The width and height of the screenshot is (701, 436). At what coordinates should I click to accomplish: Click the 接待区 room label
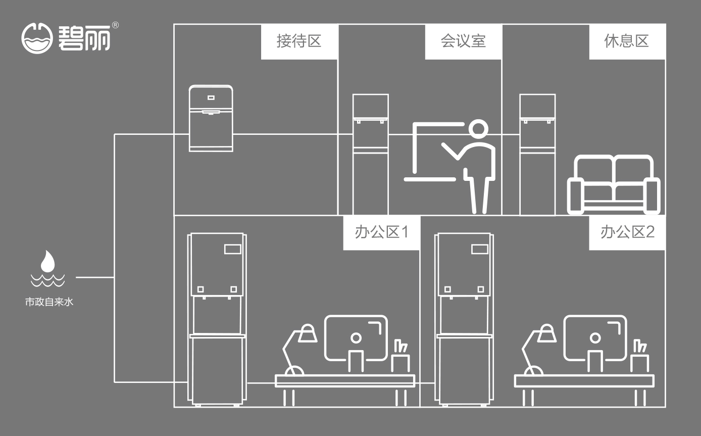coord(299,41)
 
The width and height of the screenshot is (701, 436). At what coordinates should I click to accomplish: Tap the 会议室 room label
coord(463,41)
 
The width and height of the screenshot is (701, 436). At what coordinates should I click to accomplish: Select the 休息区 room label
coord(627,41)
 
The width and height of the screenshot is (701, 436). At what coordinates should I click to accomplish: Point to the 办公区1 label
coord(381,232)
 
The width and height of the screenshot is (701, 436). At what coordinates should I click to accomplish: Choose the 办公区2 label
coord(627,232)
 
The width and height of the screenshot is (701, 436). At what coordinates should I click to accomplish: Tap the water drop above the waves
coord(47,261)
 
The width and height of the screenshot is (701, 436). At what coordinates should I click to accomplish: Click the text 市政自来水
coord(49,303)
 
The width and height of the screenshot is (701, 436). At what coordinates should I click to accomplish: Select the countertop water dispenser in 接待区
coord(211,118)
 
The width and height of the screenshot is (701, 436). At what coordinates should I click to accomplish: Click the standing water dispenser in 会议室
coord(371,154)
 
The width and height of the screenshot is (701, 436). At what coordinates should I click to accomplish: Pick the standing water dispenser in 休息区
coord(537,154)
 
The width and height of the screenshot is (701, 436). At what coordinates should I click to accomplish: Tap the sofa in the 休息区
coord(614,184)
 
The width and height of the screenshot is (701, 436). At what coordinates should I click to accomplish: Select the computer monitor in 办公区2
coord(595,338)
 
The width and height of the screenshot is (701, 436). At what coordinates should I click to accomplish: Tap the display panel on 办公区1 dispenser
coord(233,249)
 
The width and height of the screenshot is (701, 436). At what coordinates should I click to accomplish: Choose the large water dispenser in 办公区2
coord(464,318)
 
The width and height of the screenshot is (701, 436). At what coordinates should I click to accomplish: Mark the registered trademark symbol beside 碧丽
coord(115,25)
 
